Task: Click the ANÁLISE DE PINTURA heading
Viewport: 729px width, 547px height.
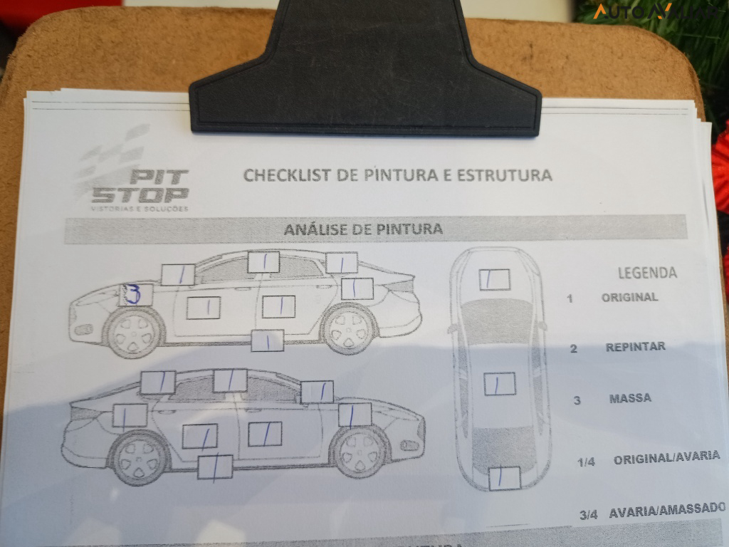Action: [363, 229]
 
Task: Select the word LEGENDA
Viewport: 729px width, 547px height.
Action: [647, 273]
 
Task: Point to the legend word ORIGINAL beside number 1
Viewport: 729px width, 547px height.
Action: [629, 297]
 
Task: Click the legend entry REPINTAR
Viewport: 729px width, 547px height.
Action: [635, 347]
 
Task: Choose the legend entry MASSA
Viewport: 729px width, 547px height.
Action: [630, 398]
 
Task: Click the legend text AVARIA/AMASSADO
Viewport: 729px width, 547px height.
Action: [666, 509]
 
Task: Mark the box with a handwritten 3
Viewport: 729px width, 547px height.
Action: [135, 294]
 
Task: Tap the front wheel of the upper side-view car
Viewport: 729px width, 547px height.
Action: [134, 332]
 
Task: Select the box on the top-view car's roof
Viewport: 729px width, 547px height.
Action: [500, 384]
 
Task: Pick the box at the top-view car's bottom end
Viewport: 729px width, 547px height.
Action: [505, 477]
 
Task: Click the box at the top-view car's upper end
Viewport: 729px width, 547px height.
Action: [494, 279]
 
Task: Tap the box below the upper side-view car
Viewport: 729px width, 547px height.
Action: [268, 340]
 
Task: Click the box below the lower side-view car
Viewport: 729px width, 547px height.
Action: [215, 467]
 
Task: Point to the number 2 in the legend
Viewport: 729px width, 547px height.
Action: [573, 348]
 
